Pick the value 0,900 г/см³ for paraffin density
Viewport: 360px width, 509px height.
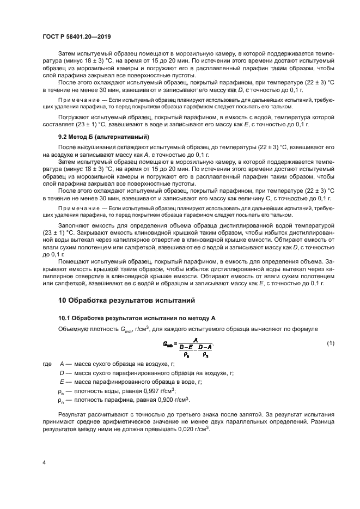tap(167, 399)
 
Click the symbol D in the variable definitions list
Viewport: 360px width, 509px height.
tap(62, 373)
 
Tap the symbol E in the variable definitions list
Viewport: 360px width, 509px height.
tap(62, 382)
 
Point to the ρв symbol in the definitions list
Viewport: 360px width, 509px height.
tap(62, 391)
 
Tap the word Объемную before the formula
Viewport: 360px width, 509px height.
tap(74, 329)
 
